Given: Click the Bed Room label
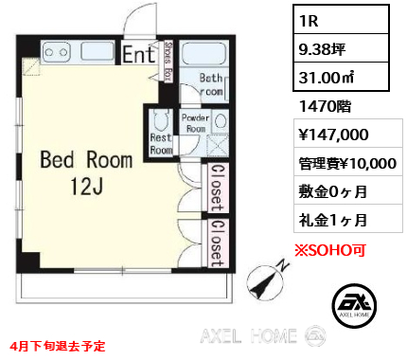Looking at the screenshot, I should click(87, 160).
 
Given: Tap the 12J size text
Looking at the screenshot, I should click(87, 188).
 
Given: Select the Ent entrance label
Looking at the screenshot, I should click(139, 55).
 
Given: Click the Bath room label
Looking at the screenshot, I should click(210, 84).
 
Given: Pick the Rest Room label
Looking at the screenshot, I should click(162, 143).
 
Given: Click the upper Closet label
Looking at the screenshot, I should click(217, 187).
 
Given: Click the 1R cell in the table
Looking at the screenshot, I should click(312, 20).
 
